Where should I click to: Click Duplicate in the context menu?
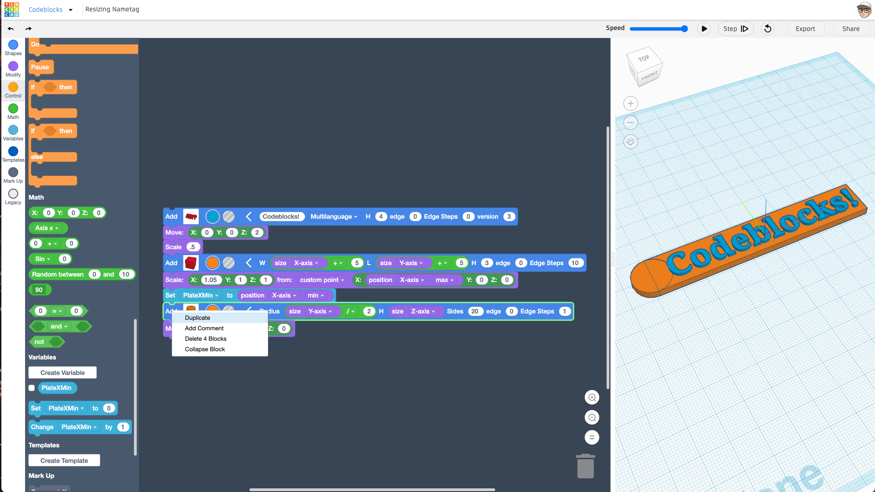(197, 318)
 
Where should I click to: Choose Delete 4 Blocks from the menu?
(206, 338)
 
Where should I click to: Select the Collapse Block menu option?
(205, 349)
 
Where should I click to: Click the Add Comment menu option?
(204, 328)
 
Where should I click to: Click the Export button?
(805, 29)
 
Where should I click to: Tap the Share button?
(851, 29)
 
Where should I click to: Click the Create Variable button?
(62, 373)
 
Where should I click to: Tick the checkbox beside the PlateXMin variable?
(31, 388)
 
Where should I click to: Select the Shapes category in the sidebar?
(13, 47)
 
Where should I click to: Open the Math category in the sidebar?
(13, 111)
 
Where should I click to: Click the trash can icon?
(586, 466)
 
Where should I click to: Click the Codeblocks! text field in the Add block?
(281, 216)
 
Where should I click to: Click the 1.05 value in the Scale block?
(210, 280)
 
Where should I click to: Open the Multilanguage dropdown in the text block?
(334, 216)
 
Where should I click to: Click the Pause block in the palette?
(40, 67)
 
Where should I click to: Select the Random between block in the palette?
(57, 274)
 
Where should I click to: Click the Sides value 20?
(474, 311)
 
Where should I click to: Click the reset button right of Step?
(768, 29)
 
